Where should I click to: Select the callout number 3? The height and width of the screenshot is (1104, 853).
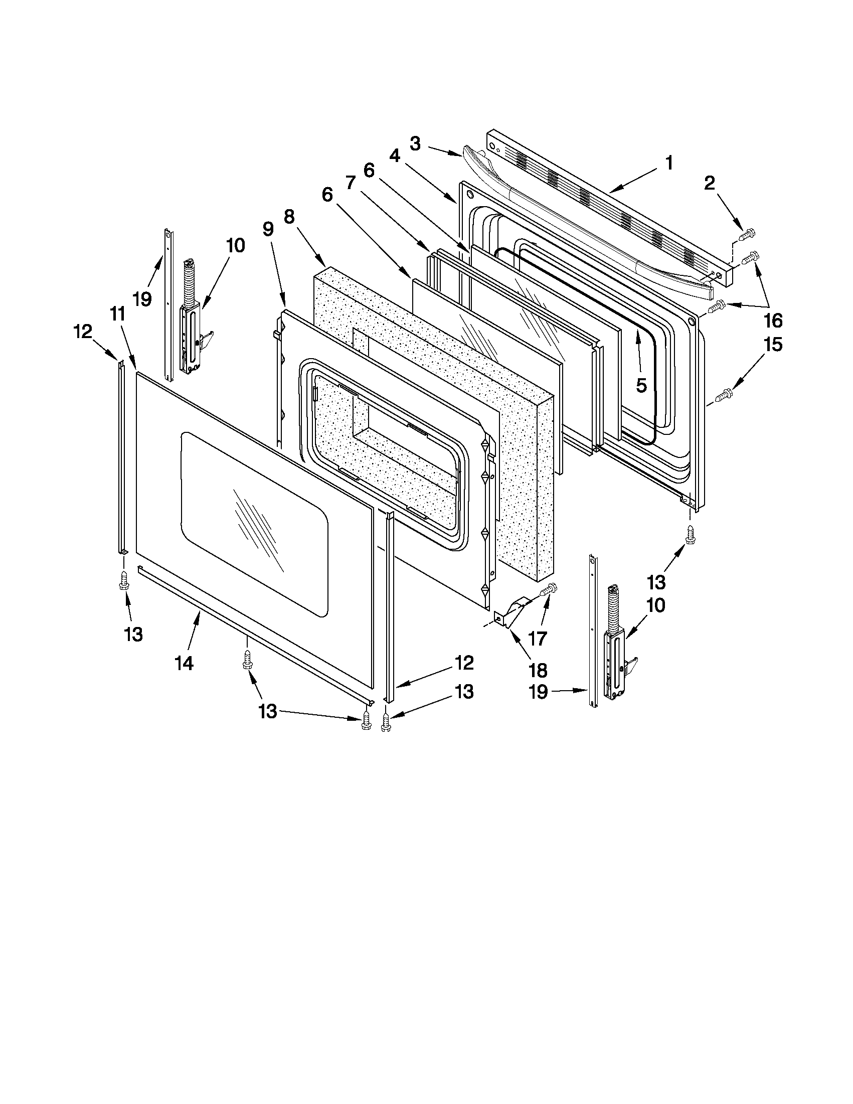click(x=415, y=144)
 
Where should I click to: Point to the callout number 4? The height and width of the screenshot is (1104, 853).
click(x=395, y=157)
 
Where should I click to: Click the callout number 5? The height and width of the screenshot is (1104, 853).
click(x=641, y=386)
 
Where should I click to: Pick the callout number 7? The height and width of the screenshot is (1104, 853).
click(x=351, y=184)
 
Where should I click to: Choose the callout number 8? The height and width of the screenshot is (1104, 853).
click(x=288, y=217)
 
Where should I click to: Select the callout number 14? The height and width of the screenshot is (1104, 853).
click(x=185, y=663)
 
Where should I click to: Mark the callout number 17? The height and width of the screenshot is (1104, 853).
click(x=537, y=639)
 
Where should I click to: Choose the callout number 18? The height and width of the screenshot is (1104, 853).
click(x=537, y=670)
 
